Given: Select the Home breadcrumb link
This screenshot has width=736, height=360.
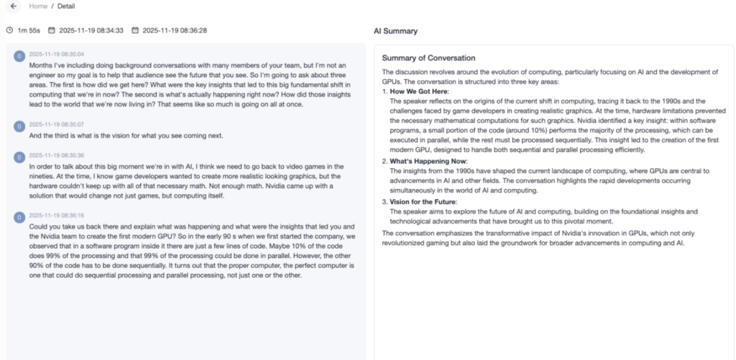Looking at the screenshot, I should pos(38,6).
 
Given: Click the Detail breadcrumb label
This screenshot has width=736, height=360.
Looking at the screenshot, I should pos(66,6).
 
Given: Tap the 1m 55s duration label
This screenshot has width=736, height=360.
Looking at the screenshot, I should pos(29,30).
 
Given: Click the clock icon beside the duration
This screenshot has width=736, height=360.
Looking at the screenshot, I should pos(9,30).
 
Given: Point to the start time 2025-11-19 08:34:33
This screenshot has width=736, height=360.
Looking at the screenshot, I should pos(91,30).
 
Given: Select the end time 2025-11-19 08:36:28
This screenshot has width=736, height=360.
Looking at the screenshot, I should pos(175,30).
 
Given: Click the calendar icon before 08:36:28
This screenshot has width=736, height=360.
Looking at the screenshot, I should pos(135,30).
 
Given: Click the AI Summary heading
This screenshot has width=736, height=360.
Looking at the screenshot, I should pos(395,32).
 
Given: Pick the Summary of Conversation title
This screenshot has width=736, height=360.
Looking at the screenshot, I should pos(428,57).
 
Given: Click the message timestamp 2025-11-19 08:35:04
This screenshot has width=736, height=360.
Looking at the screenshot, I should pos(57,54).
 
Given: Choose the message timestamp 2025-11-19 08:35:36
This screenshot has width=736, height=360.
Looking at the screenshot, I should pos(57,155).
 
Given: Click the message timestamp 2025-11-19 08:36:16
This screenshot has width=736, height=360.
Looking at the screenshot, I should pos(57,215).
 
